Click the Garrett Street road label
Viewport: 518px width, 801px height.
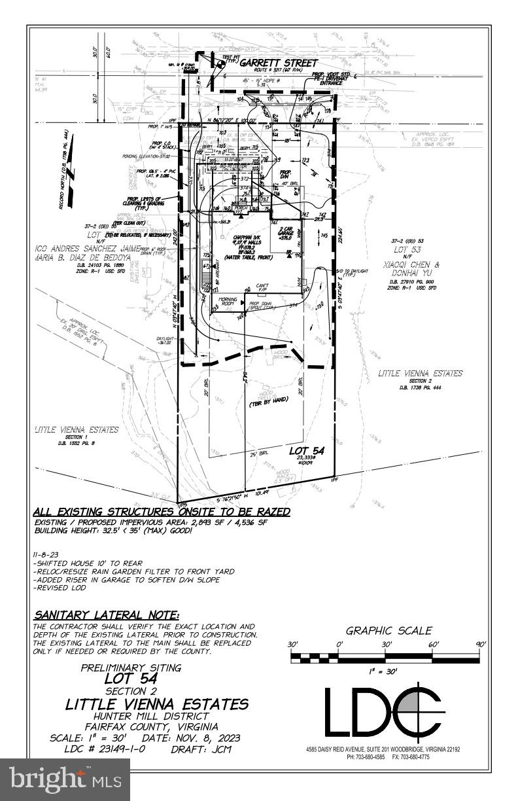(278, 63)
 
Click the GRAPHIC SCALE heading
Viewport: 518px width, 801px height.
(389, 631)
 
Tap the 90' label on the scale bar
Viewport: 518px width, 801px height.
(481, 645)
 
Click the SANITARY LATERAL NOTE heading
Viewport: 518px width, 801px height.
(106, 614)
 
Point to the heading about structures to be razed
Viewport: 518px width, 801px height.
(162, 512)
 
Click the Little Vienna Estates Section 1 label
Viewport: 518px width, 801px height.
(77, 430)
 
